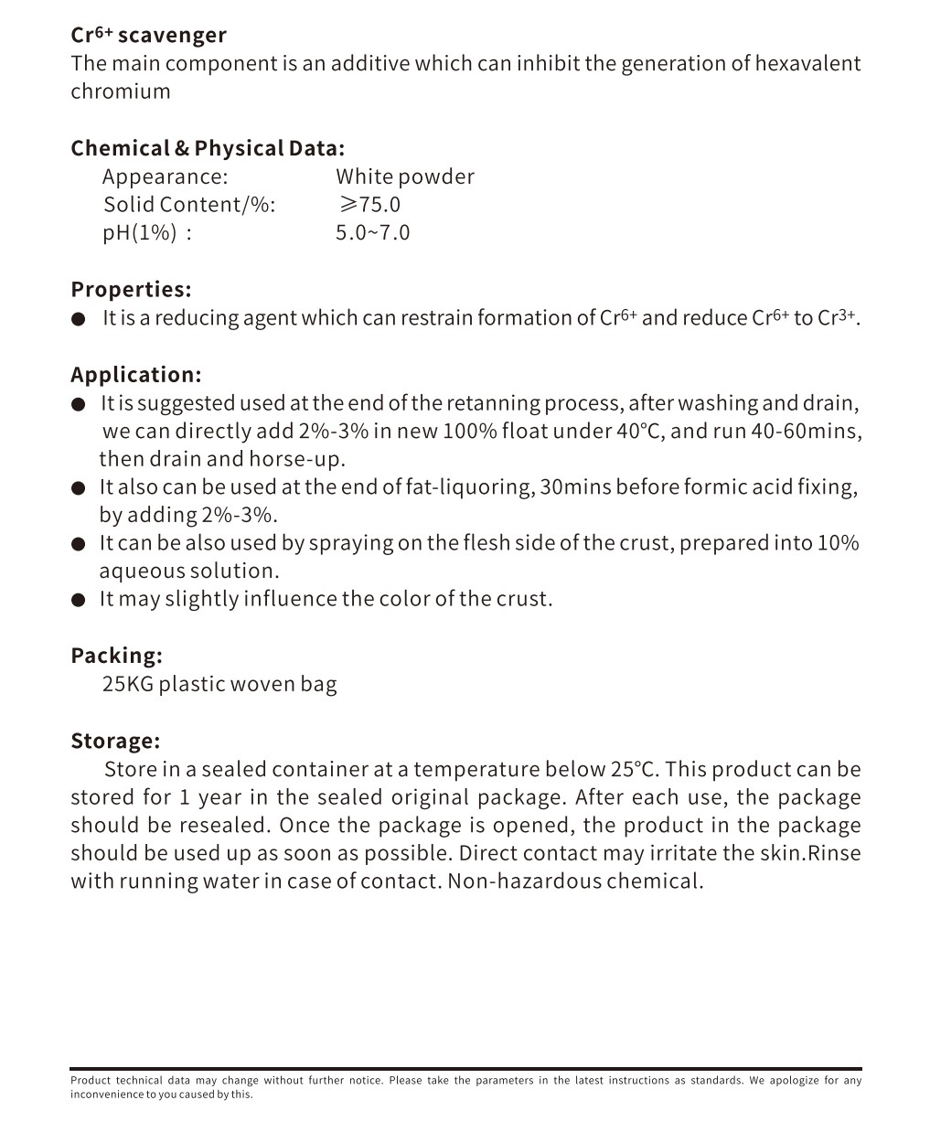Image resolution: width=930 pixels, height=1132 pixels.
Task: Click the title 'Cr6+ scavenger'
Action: pyautogui.click(x=148, y=36)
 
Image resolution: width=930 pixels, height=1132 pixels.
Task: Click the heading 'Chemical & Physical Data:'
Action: pyautogui.click(x=208, y=148)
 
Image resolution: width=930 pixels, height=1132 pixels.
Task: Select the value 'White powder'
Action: pyautogui.click(x=404, y=176)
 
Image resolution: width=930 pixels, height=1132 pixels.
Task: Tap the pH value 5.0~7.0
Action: pyautogui.click(x=372, y=232)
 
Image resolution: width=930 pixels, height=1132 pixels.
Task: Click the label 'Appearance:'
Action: pyautogui.click(x=165, y=176)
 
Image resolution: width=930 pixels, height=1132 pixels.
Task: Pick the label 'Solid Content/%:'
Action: pyautogui.click(x=188, y=204)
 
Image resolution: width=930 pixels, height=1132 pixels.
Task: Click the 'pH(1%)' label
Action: pyautogui.click(x=139, y=232)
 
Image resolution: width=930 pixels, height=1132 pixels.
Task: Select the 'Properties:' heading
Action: pyautogui.click(x=131, y=289)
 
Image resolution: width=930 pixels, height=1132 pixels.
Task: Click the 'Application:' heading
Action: pyautogui.click(x=135, y=374)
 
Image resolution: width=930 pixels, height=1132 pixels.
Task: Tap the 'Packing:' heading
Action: pyautogui.click(x=116, y=656)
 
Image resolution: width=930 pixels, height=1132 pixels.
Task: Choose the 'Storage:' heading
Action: pyautogui.click(x=115, y=741)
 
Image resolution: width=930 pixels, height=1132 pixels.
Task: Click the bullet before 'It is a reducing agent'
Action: pyautogui.click(x=79, y=319)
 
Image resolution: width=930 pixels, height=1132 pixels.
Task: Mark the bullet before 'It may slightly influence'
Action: pyautogui.click(x=79, y=600)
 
